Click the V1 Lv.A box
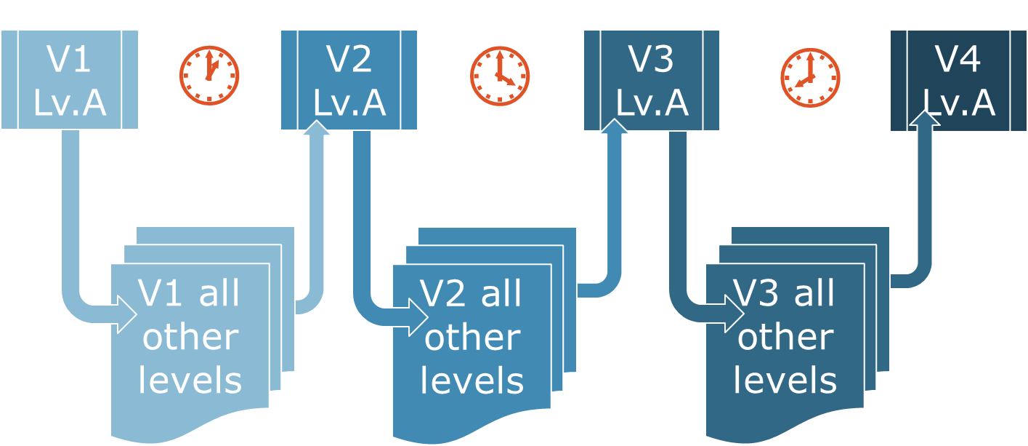click(x=69, y=79)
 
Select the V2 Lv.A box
click(x=349, y=79)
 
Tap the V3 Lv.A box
click(x=652, y=79)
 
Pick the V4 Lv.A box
click(x=959, y=79)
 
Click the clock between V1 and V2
click(x=209, y=75)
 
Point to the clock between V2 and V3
click(x=500, y=75)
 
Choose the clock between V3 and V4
click(x=810, y=77)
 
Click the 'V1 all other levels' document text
click(x=190, y=337)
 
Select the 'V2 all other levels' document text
click(x=471, y=337)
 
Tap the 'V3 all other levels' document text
click(x=785, y=337)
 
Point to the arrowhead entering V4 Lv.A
click(x=924, y=118)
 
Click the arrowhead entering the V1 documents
click(x=128, y=315)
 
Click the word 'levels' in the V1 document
click(x=190, y=381)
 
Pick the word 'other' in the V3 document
click(x=785, y=338)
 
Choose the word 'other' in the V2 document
click(x=471, y=338)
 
